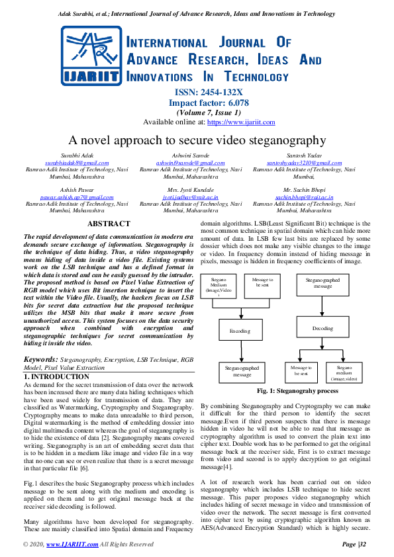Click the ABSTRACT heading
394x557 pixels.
click(109, 224)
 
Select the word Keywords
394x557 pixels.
click(41, 360)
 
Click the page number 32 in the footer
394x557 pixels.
click(353, 544)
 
